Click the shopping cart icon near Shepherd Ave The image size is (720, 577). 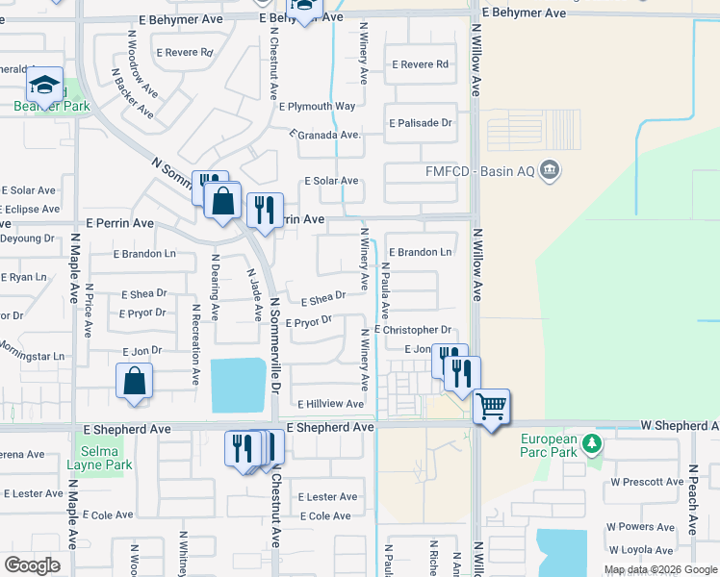coord(491,408)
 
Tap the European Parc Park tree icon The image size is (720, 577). coord(593,444)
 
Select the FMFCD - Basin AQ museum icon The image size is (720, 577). coord(549,171)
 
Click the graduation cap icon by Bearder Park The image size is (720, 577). coord(44,86)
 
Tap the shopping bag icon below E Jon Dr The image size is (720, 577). coord(135,380)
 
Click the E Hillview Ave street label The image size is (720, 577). coord(330,405)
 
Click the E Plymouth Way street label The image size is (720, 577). coord(317,107)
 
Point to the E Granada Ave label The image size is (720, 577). coord(325,135)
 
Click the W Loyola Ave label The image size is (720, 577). coord(640,550)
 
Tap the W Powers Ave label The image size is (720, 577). coord(640,527)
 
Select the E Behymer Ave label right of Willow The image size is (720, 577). coord(524,13)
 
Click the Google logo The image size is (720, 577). coord(32,565)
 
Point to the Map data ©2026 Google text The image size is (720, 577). coord(659,569)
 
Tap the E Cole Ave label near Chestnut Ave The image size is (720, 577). coord(325,516)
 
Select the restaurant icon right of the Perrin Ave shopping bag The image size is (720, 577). coord(264,209)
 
